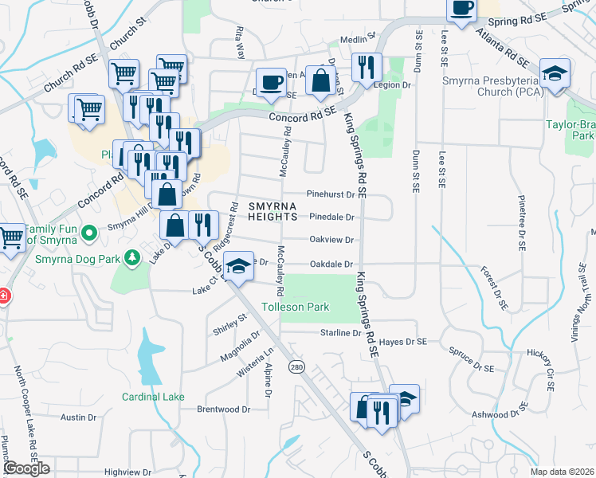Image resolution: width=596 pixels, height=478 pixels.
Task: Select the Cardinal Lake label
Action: (x=153, y=397)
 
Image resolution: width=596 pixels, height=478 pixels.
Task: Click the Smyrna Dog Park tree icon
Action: (x=135, y=257)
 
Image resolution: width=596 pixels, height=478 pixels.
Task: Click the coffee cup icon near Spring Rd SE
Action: (x=461, y=9)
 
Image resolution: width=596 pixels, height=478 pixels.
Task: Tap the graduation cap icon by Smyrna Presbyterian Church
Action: (x=554, y=74)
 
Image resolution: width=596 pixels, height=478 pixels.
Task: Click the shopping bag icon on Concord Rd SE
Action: (x=320, y=81)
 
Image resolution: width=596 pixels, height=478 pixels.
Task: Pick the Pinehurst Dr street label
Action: (x=330, y=194)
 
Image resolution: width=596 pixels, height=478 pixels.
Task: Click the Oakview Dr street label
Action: (x=331, y=240)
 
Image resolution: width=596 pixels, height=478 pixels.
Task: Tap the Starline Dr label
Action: (x=341, y=332)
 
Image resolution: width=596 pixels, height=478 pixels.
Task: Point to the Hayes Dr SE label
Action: (x=403, y=342)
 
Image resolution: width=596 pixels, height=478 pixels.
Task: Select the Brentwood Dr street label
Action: (x=224, y=409)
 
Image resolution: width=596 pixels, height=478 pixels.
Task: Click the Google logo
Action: (x=26, y=469)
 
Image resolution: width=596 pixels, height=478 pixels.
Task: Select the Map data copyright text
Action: (x=562, y=472)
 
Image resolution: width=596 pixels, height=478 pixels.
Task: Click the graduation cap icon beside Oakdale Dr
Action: (x=237, y=267)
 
